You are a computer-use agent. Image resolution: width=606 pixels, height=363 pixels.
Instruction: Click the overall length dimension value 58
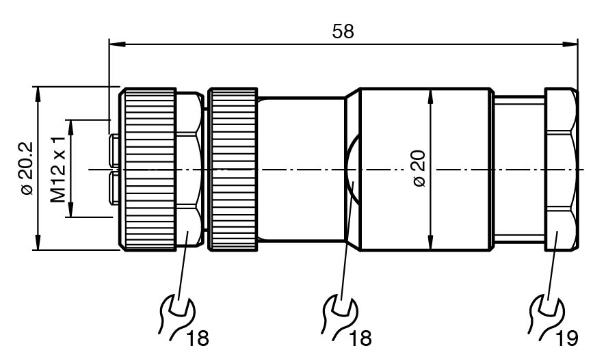coord(343,31)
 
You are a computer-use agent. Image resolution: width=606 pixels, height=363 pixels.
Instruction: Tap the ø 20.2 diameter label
coord(27,168)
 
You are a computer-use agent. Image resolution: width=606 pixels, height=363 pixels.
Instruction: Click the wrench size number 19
coord(567,337)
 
